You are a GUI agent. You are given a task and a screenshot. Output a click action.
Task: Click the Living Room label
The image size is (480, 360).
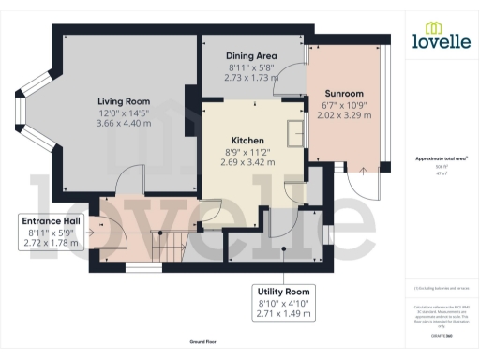[124, 100]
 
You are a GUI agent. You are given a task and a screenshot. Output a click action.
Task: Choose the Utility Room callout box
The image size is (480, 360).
[283, 303]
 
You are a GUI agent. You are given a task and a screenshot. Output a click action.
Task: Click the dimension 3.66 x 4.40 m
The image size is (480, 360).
[124, 123]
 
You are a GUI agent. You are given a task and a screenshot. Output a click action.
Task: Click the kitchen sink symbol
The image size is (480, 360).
[297, 130]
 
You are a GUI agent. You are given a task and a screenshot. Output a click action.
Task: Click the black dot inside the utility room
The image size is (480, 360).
[283, 249]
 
